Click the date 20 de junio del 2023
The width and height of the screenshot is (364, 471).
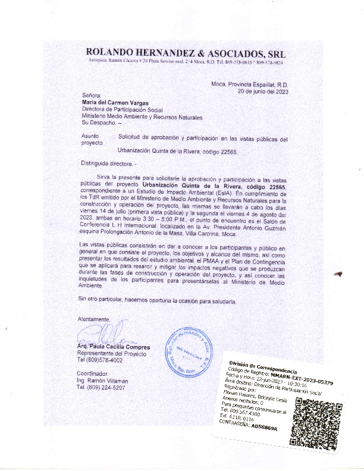263,92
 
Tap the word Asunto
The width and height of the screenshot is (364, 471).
90,137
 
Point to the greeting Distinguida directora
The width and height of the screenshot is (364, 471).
109,162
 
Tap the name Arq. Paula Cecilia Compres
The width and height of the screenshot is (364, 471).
114,347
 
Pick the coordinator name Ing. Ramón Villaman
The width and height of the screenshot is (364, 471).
102,380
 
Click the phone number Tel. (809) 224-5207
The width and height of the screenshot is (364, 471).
101,387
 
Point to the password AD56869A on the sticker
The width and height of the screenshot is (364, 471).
264,426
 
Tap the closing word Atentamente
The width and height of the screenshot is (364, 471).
93,319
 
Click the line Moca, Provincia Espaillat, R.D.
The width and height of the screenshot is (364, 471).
250,84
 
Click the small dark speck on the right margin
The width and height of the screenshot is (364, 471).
339,274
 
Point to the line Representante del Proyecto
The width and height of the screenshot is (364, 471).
111,354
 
